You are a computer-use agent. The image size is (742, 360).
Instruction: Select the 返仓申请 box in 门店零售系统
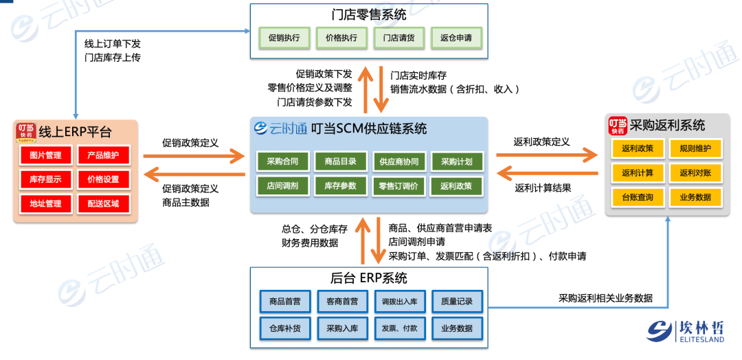[456, 38]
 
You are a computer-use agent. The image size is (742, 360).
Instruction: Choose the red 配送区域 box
[103, 203]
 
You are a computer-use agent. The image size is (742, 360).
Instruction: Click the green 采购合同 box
[282, 161]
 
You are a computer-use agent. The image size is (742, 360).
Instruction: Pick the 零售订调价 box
[398, 186]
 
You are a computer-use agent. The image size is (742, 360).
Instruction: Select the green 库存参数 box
[340, 186]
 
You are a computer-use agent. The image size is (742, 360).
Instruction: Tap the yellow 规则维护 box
[695, 148]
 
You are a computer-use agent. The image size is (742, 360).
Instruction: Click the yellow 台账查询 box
[637, 197]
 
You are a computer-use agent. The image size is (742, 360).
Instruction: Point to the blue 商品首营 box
[284, 302]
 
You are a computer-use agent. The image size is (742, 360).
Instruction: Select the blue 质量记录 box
[457, 302]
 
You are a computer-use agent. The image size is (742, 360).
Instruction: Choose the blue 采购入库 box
[342, 328]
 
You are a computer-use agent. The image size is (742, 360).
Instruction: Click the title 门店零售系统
[369, 14]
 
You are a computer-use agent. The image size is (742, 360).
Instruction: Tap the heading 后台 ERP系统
[368, 278]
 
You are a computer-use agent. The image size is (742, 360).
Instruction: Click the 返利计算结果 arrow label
[543, 187]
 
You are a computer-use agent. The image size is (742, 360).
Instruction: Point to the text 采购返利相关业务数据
[605, 298]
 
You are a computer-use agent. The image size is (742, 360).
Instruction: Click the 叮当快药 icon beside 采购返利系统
[618, 126]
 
